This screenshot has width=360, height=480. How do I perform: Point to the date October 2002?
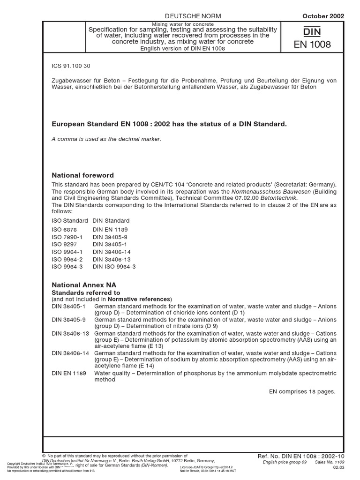[x=323, y=15]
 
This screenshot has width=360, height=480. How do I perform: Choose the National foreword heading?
[x=82, y=175]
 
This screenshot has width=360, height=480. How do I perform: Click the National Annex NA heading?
[x=84, y=285]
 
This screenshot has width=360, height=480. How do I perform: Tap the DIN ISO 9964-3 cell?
[x=114, y=267]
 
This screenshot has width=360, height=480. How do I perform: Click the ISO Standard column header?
[x=70, y=220]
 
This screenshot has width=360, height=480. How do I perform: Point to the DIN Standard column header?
[x=111, y=220]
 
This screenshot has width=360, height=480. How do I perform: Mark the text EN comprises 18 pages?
[x=302, y=390]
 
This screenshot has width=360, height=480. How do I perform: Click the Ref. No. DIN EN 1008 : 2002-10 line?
[x=301, y=455]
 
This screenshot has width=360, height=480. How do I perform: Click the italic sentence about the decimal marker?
[x=106, y=140]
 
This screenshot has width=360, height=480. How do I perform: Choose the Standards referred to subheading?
[x=86, y=292]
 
